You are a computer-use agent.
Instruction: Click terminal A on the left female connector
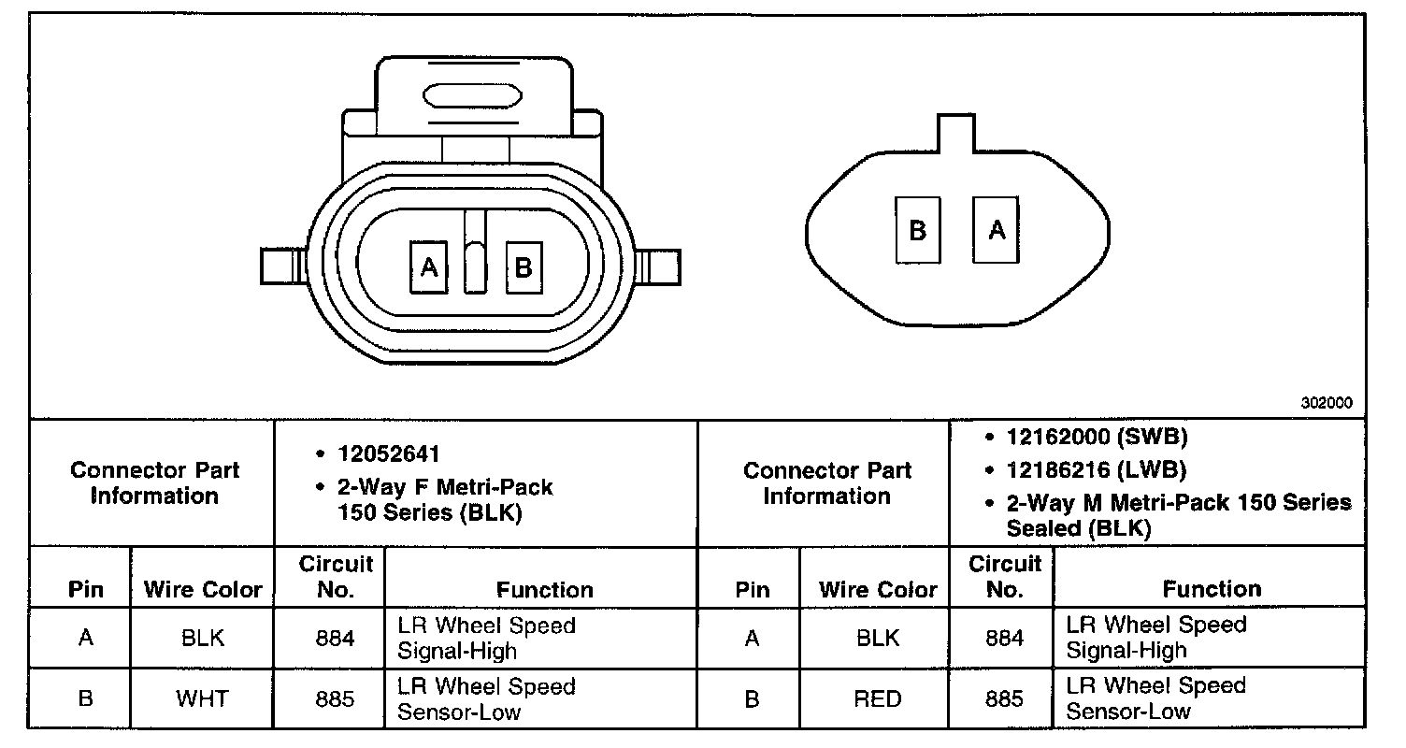point(429,267)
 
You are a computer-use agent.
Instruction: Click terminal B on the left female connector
point(524,268)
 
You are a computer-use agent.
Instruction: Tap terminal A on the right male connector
point(997,230)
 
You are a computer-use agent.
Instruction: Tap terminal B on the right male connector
point(918,230)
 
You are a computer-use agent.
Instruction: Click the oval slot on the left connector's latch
point(472,96)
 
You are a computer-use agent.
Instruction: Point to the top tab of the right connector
point(956,133)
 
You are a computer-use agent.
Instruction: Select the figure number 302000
point(1327,403)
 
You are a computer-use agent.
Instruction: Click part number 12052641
point(389,453)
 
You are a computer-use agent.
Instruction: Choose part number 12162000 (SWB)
point(1098,437)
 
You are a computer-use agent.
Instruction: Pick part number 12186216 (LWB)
point(1097,469)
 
